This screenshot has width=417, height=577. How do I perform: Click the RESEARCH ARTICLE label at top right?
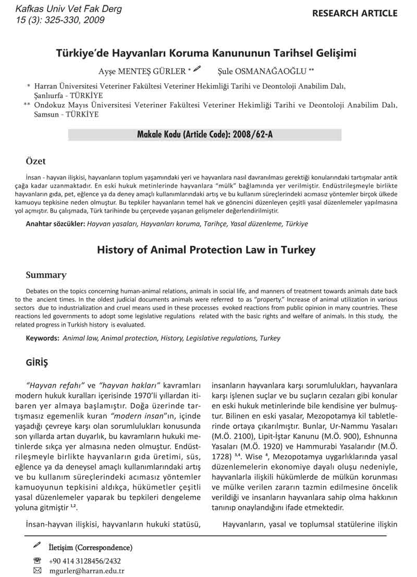point(354,14)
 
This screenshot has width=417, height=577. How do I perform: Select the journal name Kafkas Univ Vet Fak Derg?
point(69,9)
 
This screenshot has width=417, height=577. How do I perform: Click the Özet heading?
point(35,161)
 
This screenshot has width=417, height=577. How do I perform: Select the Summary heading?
point(46,275)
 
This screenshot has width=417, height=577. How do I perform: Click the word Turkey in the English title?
point(297,250)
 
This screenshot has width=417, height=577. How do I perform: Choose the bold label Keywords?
point(43,338)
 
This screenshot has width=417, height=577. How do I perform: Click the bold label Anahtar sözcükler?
point(55,224)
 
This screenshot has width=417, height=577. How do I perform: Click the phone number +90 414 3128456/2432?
point(84,561)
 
